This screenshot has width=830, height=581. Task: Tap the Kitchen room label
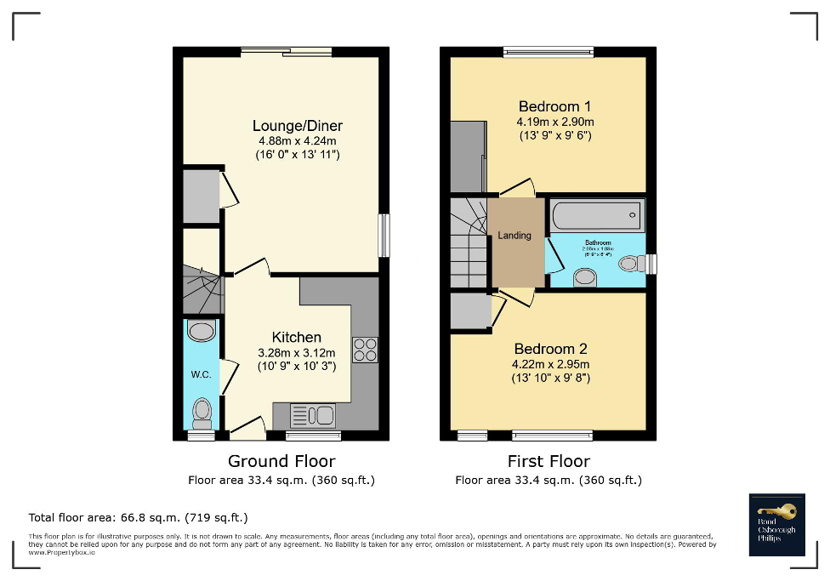[x=297, y=337]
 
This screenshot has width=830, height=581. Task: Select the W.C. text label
[x=201, y=373]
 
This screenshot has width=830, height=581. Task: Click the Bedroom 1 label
[x=554, y=106]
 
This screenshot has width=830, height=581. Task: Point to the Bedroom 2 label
[x=551, y=349]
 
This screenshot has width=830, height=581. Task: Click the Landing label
[x=514, y=236]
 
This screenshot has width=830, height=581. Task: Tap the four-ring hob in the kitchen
[x=366, y=350]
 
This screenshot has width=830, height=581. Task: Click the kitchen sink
[x=313, y=416]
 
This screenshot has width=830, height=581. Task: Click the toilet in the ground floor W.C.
[x=202, y=413]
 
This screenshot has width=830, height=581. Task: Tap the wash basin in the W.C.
[x=202, y=331]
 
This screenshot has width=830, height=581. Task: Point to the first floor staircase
[x=467, y=242]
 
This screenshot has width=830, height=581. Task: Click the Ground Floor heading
[x=281, y=461]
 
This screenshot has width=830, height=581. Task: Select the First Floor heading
[x=548, y=461]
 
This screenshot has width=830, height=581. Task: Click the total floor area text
[x=139, y=517]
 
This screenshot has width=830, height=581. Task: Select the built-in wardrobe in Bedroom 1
[x=467, y=157]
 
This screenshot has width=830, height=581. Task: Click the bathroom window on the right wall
[x=651, y=265]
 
